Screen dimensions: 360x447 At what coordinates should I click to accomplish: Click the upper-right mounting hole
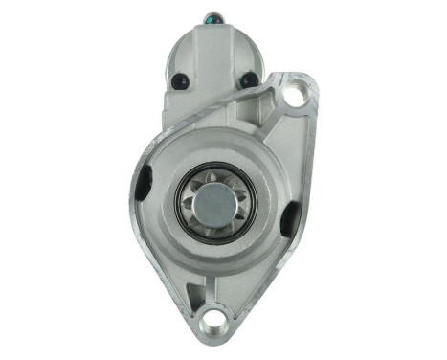[295, 96]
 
